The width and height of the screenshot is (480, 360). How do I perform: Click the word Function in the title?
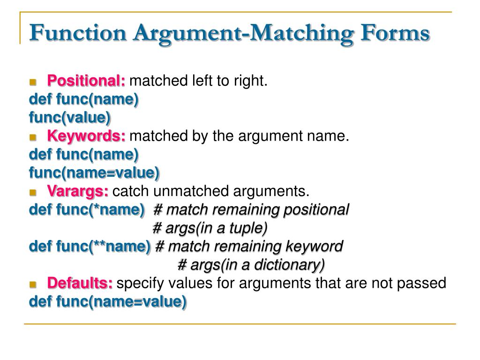tap(77, 34)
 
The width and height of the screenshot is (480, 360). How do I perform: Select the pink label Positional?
tap(86, 81)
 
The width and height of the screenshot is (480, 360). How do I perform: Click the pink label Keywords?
tap(86, 136)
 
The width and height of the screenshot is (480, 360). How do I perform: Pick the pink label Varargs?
tap(78, 191)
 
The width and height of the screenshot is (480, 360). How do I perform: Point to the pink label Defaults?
tap(80, 283)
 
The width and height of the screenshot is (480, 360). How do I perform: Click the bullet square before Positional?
tap(33, 82)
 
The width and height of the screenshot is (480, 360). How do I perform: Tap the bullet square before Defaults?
tap(33, 284)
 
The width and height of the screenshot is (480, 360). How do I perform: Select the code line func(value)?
tap(70, 118)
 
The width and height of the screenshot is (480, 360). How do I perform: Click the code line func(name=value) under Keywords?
tap(94, 173)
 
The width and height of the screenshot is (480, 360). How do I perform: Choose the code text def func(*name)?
tap(87, 210)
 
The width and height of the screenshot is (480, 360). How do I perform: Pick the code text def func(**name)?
tap(90, 246)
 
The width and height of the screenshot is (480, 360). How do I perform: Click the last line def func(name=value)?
tap(107, 301)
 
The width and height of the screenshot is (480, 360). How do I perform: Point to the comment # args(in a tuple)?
tap(210, 228)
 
